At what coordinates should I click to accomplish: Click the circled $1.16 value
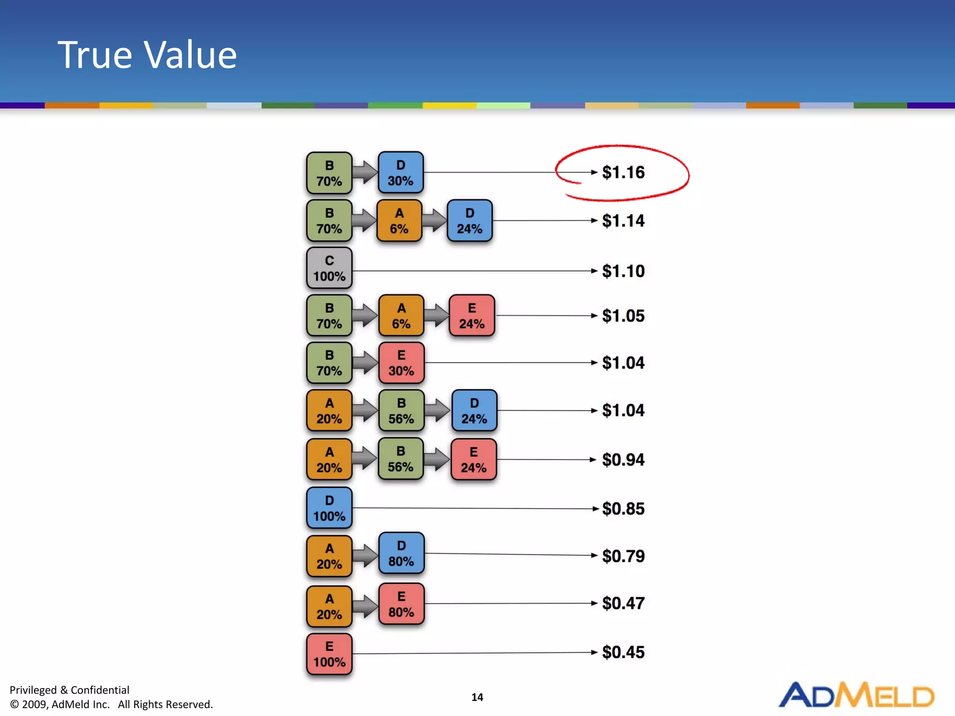coord(623,172)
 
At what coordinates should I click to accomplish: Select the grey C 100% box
coord(329,268)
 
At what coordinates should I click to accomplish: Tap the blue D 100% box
coord(329,508)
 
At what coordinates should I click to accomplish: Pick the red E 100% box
coord(329,654)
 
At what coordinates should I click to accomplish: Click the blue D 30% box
coord(401,172)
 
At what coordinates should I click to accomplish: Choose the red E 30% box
coord(401,363)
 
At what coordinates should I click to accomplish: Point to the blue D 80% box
coord(401,553)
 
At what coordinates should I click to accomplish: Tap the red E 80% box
coord(401,604)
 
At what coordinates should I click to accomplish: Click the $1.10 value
coord(623,271)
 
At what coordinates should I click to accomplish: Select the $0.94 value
coord(623,460)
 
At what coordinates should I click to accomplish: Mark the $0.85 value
coord(623,509)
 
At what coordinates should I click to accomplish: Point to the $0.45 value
coord(623,652)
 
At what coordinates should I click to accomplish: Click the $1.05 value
coord(623,316)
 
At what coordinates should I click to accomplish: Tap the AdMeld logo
coord(856,695)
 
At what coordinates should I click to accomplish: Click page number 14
coord(477,697)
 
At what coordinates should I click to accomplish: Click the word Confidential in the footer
coord(100,690)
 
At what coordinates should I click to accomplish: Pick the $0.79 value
coord(623,556)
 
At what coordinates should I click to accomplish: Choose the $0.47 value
coord(623,604)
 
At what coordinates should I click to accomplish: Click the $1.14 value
coord(623,221)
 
